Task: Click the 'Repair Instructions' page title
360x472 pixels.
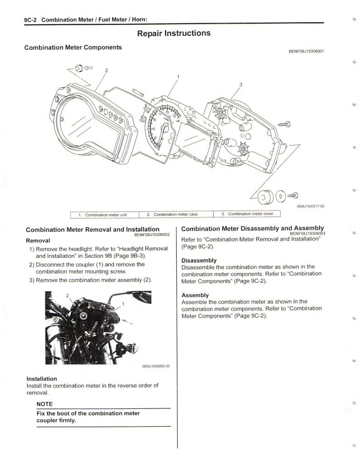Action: [174, 34]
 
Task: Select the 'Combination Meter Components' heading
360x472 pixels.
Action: [73, 47]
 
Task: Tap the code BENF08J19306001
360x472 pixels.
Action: [306, 51]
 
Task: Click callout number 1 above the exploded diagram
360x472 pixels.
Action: [178, 76]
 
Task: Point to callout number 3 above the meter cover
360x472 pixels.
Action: [240, 84]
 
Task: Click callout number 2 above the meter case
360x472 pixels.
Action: [107, 70]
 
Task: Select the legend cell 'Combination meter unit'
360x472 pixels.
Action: [103, 215]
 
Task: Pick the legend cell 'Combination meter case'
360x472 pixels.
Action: [175, 214]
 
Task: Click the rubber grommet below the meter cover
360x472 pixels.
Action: [263, 197]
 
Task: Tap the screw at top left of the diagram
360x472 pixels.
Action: [80, 68]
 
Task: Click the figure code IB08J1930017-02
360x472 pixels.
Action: [310, 206]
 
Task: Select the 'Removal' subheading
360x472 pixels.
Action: [38, 240]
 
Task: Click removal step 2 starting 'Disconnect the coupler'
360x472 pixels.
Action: [90, 268]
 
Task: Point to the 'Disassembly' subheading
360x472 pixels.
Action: [199, 260]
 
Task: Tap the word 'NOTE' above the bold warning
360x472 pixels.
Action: [44, 404]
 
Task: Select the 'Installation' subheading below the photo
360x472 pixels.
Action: [42, 379]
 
